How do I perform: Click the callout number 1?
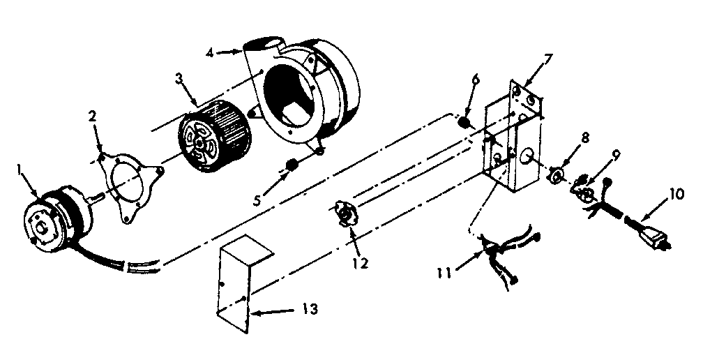tap(21, 168)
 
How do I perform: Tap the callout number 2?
tap(92, 115)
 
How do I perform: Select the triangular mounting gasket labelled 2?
tap(133, 182)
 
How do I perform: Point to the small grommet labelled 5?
tap(292, 165)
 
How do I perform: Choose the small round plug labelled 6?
tap(462, 123)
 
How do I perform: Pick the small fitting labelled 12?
tap(344, 213)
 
